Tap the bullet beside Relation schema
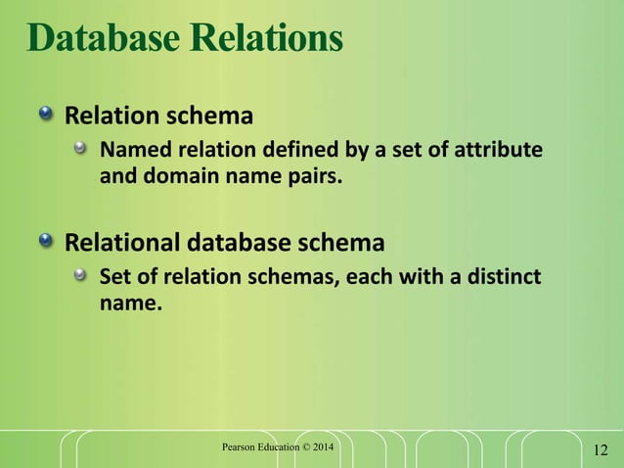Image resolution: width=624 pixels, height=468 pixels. (x=46, y=117)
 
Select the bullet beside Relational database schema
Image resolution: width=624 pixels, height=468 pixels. (x=46, y=241)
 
